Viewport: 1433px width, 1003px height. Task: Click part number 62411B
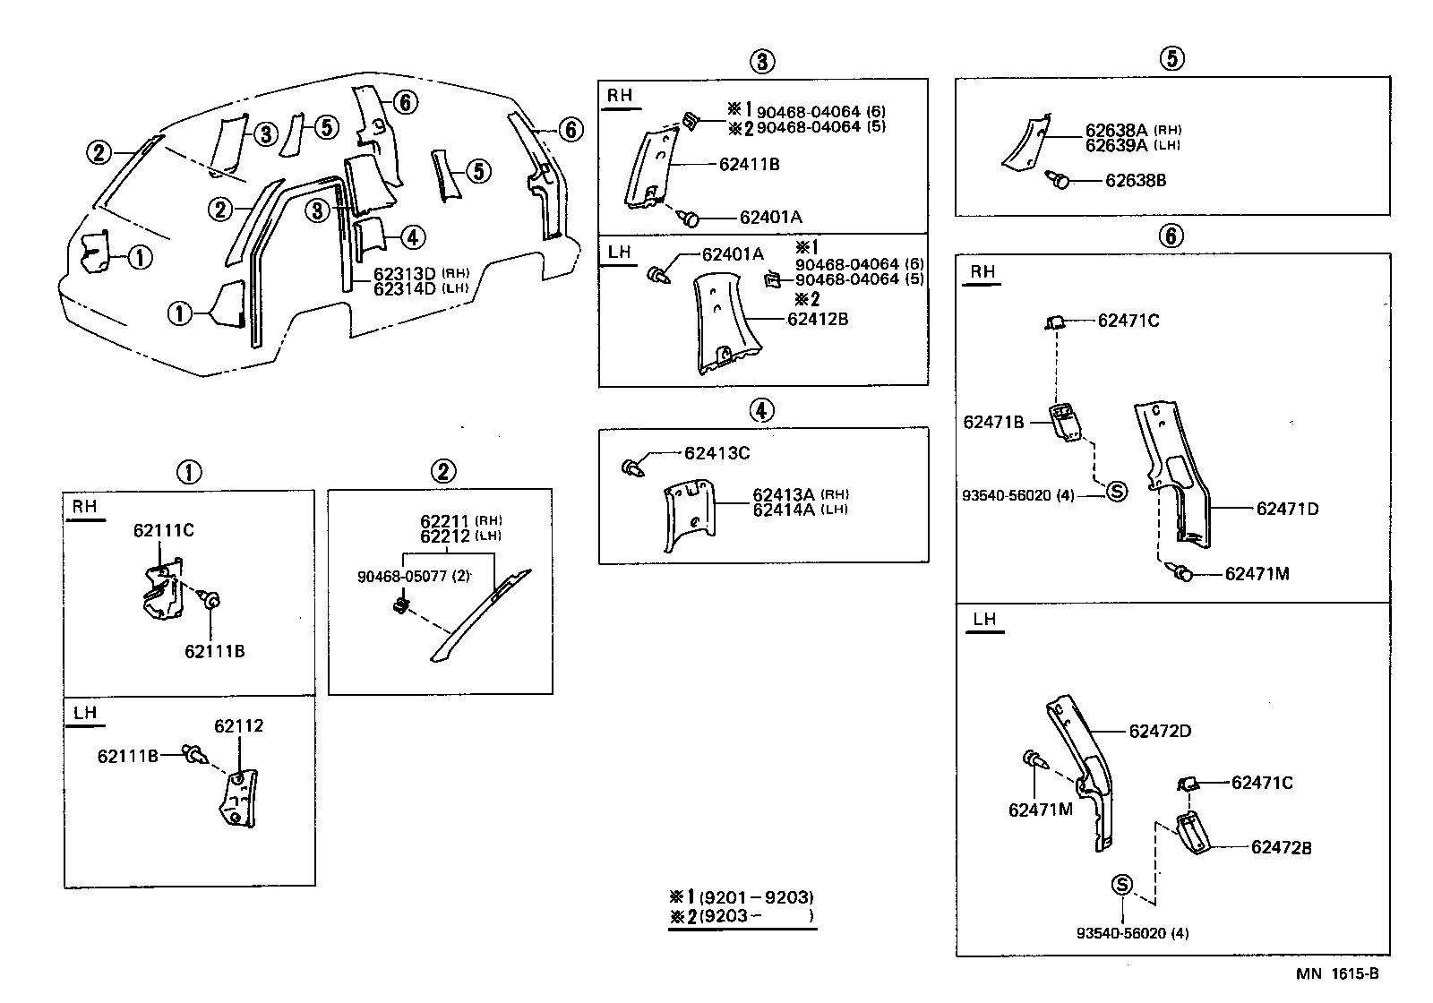coord(749,165)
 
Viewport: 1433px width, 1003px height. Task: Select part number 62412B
coord(817,318)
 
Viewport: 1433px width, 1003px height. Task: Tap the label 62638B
coord(1135,180)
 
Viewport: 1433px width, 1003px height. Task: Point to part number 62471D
coord(1287,509)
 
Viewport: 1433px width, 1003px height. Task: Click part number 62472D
coord(1160,731)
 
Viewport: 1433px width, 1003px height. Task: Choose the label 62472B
coord(1281,847)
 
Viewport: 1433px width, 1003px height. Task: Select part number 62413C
coord(716,453)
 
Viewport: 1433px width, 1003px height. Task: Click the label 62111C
coord(164,530)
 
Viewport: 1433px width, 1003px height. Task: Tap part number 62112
coord(238,725)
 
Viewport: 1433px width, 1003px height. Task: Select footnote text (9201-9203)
coord(756,897)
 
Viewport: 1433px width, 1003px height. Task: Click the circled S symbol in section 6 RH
coord(1116,491)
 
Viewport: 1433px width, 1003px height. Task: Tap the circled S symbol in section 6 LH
coord(1121,885)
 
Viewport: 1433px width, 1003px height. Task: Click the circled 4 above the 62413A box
coord(761,411)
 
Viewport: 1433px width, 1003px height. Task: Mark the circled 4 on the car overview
coord(411,237)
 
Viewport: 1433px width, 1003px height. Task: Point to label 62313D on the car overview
coord(404,274)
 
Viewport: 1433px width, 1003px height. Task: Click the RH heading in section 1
coord(84,507)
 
